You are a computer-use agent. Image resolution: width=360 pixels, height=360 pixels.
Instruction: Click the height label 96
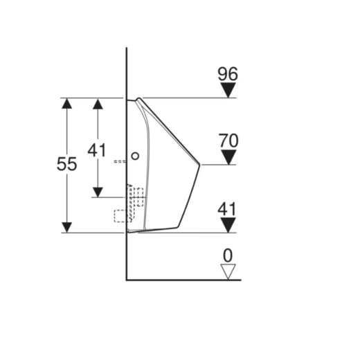(x=228, y=74)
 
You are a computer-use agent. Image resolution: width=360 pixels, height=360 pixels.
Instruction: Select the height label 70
(x=228, y=141)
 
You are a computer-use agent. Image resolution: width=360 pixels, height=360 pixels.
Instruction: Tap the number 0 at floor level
(x=228, y=255)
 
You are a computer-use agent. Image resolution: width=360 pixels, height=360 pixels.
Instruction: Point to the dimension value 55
(x=66, y=164)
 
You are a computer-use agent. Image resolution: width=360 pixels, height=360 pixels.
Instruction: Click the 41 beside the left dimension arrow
(x=97, y=150)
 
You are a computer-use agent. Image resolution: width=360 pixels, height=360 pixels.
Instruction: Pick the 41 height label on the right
(x=227, y=209)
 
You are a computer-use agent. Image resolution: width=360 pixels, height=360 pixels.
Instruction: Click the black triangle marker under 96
(x=228, y=90)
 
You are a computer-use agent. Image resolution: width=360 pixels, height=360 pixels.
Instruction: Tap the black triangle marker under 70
(x=228, y=157)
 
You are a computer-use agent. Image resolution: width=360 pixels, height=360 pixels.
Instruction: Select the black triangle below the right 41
(x=228, y=225)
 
